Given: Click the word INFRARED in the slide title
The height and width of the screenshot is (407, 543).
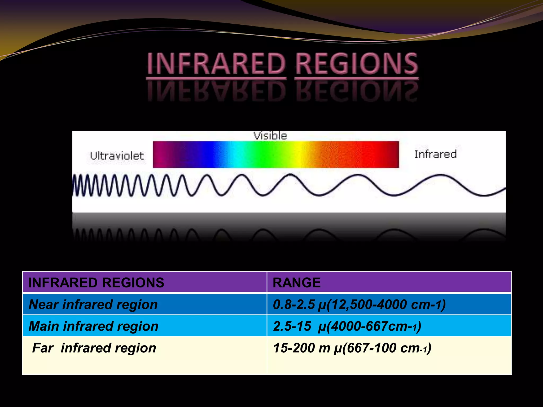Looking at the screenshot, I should (x=216, y=64).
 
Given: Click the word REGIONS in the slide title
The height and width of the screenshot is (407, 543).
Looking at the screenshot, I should (x=357, y=64).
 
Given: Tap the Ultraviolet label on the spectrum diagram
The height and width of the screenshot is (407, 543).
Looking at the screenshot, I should (x=117, y=156).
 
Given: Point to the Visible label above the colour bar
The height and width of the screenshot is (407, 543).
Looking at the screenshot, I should (x=270, y=136).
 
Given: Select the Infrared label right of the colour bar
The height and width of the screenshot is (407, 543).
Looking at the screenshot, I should (x=435, y=154).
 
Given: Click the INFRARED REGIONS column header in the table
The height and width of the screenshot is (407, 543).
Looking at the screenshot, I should (x=96, y=282).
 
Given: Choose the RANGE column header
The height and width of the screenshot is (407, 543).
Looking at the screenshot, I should (x=296, y=282).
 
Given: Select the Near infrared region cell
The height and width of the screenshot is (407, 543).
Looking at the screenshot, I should (x=93, y=304).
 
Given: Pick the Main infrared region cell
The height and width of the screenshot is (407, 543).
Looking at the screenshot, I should (x=93, y=326).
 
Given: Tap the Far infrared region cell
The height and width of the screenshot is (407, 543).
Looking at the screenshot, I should (x=94, y=348).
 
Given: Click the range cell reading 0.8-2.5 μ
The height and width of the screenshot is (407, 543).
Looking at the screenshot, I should (x=359, y=304).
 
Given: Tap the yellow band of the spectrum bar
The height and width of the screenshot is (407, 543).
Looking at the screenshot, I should (x=300, y=154).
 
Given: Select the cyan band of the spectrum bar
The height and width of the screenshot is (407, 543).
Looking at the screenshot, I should (x=233, y=154).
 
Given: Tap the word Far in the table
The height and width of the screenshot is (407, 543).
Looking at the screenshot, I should (x=43, y=348).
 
